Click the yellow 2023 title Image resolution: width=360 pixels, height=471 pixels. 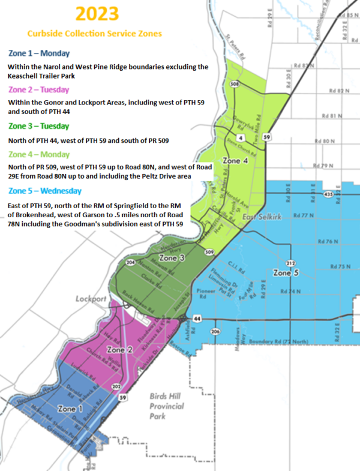pyautogui.click(x=97, y=14)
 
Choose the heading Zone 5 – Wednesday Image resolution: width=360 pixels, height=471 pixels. pyautogui.click(x=45, y=191)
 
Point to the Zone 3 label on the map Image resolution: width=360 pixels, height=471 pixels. pyautogui.click(x=173, y=258)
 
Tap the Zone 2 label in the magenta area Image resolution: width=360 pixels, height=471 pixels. pyautogui.click(x=119, y=349)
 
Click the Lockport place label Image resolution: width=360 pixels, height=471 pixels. pyautogui.click(x=91, y=298)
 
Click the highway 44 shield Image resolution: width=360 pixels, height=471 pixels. pyautogui.click(x=197, y=318)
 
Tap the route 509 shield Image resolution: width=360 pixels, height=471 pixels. pyautogui.click(x=209, y=252)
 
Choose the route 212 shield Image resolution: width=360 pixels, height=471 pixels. pyautogui.click(x=290, y=263)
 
